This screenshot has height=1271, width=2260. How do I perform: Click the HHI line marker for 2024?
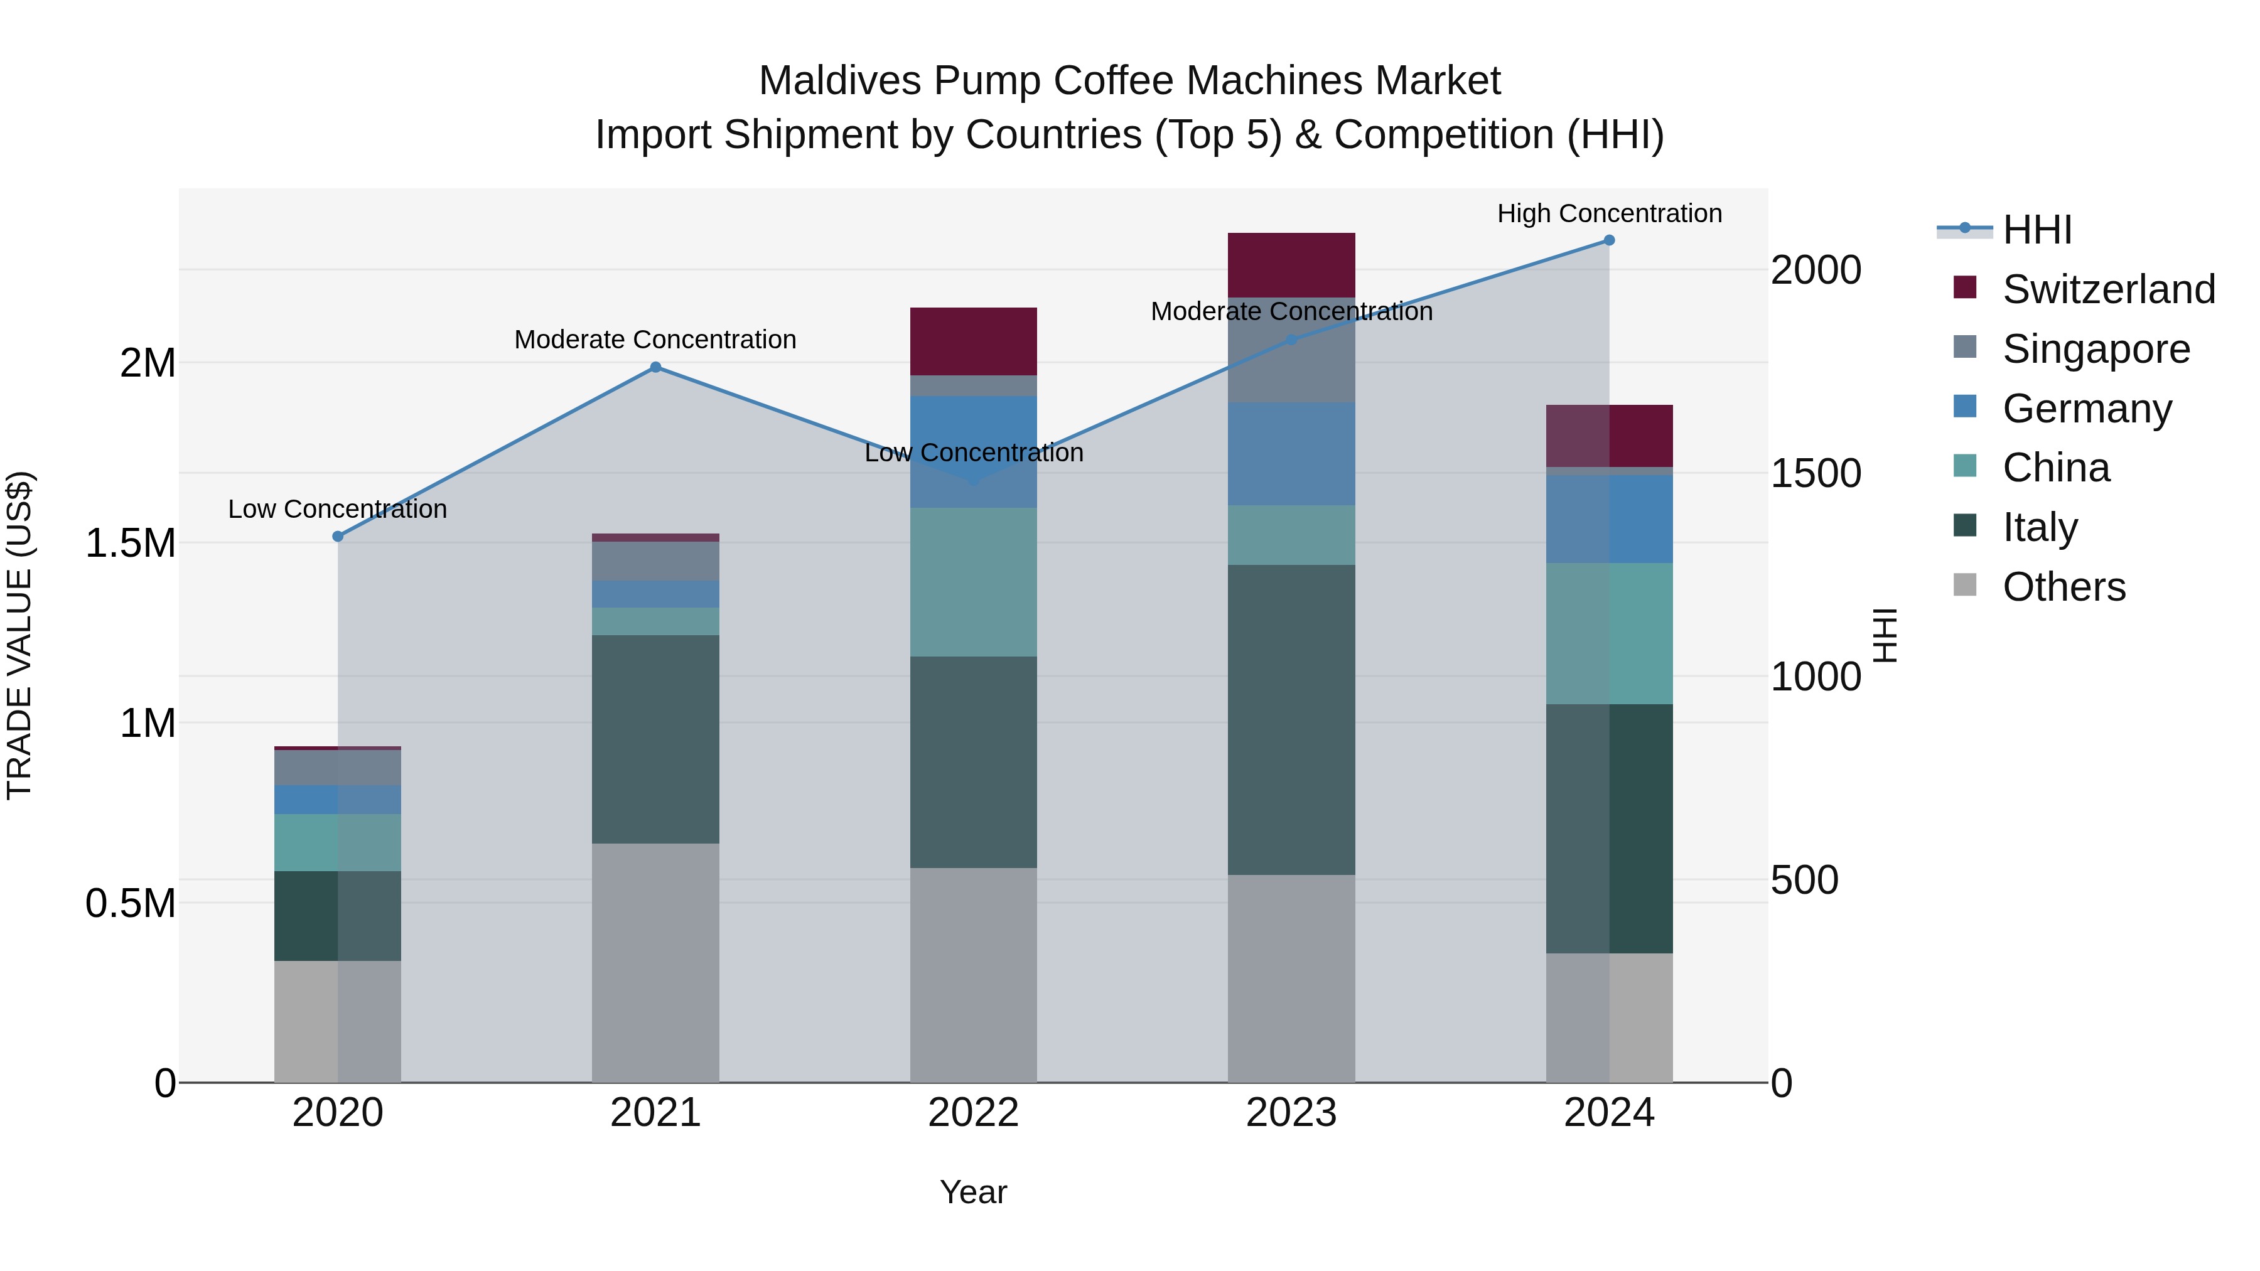coord(1609,240)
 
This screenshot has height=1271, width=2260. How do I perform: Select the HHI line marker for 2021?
coord(655,368)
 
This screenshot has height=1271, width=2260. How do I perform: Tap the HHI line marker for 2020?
coord(338,537)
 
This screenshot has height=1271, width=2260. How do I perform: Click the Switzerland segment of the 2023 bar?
coord(1291,265)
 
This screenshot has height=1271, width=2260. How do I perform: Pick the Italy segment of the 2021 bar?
coord(655,739)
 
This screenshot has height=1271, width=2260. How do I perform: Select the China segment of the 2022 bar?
coord(973,582)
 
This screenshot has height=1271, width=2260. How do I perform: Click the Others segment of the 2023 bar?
coord(1291,978)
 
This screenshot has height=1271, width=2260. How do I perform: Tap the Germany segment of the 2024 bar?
coord(1609,518)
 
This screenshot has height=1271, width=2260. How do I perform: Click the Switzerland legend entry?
coord(2108,289)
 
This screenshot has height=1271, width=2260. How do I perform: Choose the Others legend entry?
coord(2064,587)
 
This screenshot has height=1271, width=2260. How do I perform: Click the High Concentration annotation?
coord(1609,213)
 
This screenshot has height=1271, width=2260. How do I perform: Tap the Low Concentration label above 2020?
coord(338,509)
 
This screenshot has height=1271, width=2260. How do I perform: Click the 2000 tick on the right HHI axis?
coord(1815,270)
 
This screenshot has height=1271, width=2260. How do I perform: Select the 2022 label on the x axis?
coord(973,1113)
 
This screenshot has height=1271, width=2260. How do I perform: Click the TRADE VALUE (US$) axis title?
coord(19,635)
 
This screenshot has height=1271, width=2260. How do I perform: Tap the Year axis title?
coord(973,1192)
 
